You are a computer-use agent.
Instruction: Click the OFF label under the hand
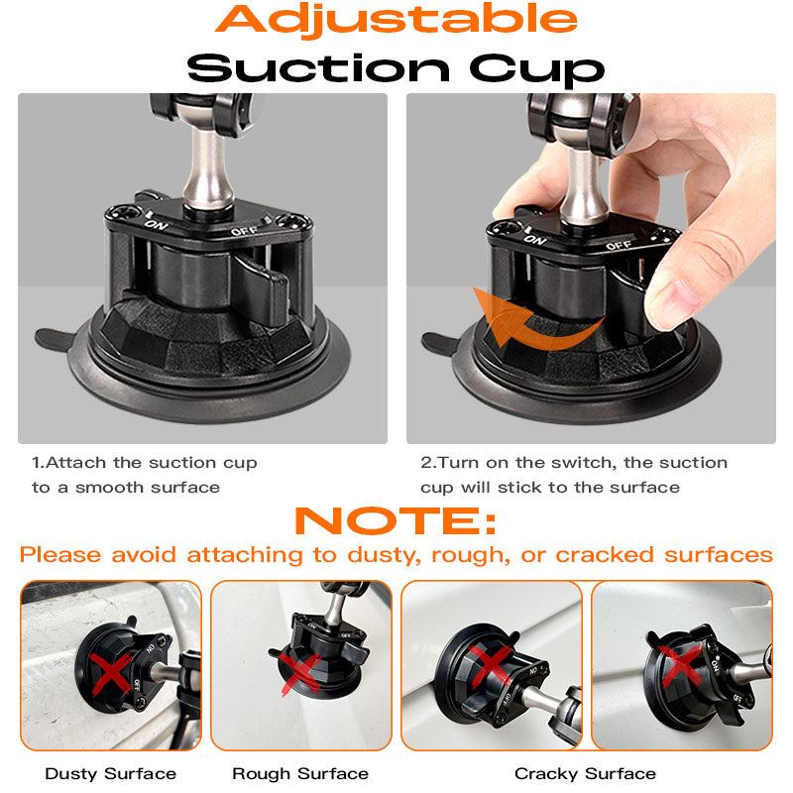coord(618,244)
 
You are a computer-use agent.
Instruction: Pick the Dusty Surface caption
coord(111,773)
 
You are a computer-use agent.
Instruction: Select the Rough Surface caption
coord(300,773)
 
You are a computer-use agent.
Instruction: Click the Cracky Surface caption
coord(585,773)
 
